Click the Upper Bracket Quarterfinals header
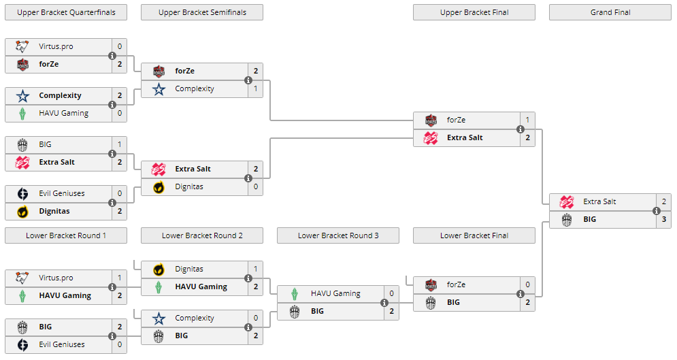click(66, 12)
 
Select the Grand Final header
click(610, 12)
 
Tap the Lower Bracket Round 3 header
click(338, 235)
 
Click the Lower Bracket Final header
click(474, 235)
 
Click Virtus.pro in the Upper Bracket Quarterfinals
click(56, 46)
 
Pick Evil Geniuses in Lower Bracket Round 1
click(62, 344)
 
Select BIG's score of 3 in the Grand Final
click(663, 219)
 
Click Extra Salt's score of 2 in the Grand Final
click(663, 201)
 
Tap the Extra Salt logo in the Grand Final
click(567, 201)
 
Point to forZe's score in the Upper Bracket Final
click(527, 120)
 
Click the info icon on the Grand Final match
click(657, 210)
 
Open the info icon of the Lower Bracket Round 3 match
click(384, 303)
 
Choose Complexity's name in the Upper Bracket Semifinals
click(195, 88)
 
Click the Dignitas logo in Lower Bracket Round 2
click(159, 269)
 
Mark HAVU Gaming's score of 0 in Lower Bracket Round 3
click(391, 293)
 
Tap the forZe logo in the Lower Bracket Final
click(431, 284)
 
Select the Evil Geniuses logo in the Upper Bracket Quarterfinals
click(22, 193)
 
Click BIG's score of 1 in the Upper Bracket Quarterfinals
click(119, 144)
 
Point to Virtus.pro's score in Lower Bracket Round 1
click(119, 278)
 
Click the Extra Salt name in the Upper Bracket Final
click(465, 137)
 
